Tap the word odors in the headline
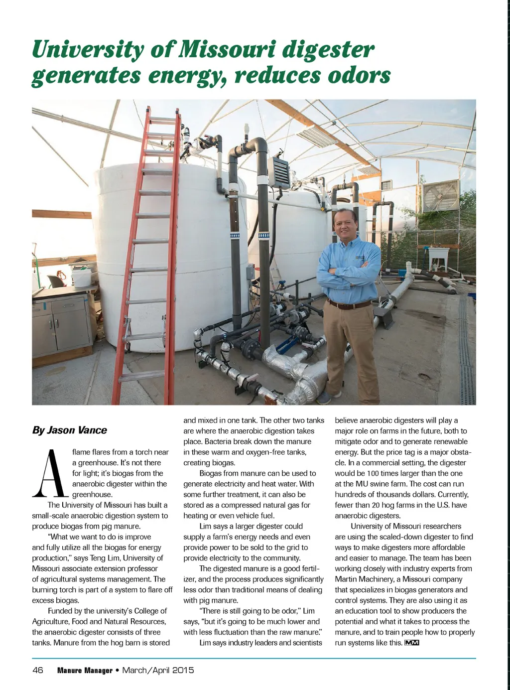(359, 76)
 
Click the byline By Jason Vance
(69, 430)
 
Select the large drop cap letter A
(50, 474)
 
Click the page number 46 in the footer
(38, 670)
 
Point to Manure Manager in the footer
(85, 671)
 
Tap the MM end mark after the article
(412, 643)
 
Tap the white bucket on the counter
(81, 277)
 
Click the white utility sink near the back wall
(438, 256)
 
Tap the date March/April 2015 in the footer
(158, 670)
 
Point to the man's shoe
(324, 397)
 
